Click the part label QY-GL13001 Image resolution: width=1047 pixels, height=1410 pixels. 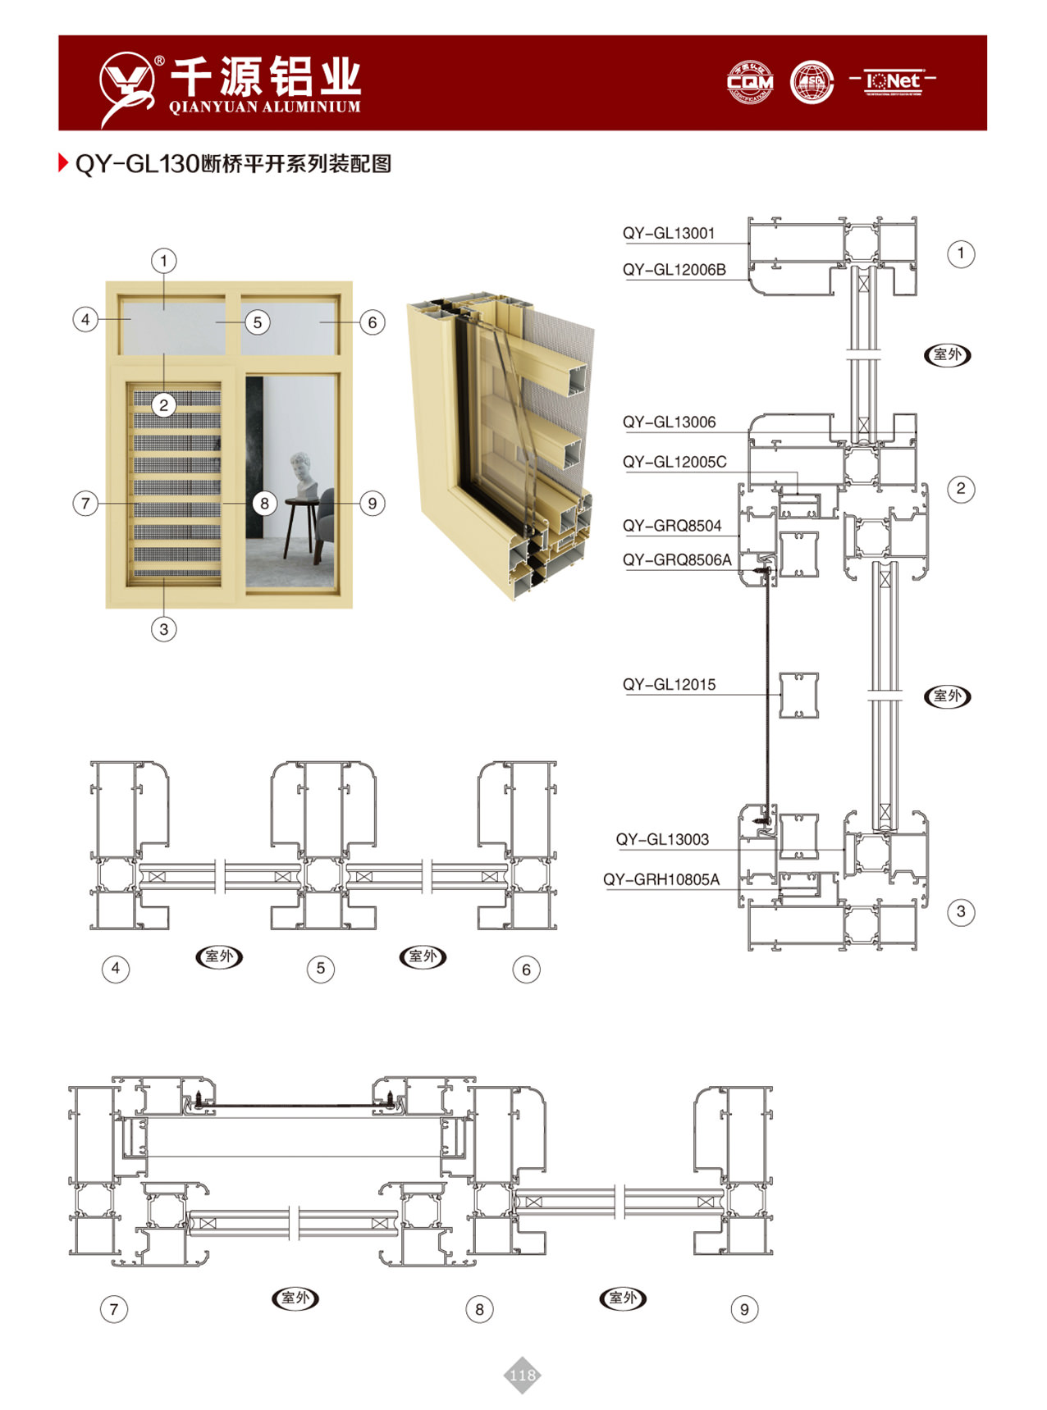pos(668,233)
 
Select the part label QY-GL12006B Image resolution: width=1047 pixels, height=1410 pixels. pos(674,269)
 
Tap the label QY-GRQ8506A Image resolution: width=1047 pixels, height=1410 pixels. pos(676,559)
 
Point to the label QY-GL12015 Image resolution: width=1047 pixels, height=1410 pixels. pos(668,684)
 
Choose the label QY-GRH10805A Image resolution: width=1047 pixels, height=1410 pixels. pos(661,879)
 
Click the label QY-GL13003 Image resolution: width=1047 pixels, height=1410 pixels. pos(661,839)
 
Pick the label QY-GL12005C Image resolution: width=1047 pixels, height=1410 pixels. pos(674,462)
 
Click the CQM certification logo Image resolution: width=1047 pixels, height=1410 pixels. pos(749,82)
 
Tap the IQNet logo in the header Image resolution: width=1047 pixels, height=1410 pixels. pos(893,81)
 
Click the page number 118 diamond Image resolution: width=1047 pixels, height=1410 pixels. pos(522,1376)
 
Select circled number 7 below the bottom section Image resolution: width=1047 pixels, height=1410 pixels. pos(114,1309)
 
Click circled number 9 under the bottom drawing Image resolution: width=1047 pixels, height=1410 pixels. pos(744,1309)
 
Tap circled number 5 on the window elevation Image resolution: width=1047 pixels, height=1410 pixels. pos(257,322)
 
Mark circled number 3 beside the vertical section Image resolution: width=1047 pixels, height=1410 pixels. pos(961,911)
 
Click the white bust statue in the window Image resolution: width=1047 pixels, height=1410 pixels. pos(304,474)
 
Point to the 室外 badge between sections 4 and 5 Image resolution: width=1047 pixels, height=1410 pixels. pos(219,956)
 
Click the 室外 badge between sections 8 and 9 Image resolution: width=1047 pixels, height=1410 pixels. pos(623,1298)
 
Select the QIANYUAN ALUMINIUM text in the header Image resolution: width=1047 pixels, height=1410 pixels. pos(264,107)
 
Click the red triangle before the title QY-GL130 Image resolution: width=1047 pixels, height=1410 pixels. pos(63,162)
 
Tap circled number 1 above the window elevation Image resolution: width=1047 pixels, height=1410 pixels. pos(163,261)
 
